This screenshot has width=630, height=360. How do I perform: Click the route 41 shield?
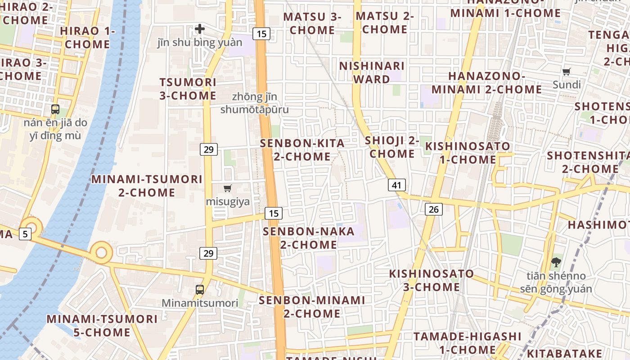(396, 185)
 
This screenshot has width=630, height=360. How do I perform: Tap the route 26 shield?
(433, 209)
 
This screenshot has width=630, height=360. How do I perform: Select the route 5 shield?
(25, 234)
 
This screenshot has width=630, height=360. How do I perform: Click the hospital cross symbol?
(200, 29)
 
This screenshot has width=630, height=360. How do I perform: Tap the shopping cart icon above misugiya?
(228, 189)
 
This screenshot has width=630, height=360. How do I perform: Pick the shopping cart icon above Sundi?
(567, 72)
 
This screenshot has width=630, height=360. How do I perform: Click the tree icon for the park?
(556, 262)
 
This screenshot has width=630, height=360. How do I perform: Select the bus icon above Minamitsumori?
(200, 290)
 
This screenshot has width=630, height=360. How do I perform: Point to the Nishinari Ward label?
(372, 72)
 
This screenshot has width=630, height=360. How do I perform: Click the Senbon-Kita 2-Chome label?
(302, 150)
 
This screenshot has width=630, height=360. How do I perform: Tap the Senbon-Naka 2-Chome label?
(309, 238)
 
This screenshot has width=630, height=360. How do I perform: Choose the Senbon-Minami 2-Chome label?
(312, 306)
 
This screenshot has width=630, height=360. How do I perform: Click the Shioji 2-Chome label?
(392, 147)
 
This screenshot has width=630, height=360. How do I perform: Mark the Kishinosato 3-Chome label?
(432, 280)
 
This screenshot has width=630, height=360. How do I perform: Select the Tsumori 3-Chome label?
(188, 89)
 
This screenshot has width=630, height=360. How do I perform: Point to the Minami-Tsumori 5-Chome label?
(102, 326)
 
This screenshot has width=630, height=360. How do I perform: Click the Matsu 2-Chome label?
(385, 22)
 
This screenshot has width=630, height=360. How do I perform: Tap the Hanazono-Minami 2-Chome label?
(488, 82)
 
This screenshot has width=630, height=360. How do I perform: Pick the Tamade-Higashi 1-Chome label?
(468, 343)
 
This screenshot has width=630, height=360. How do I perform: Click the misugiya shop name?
(228, 202)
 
